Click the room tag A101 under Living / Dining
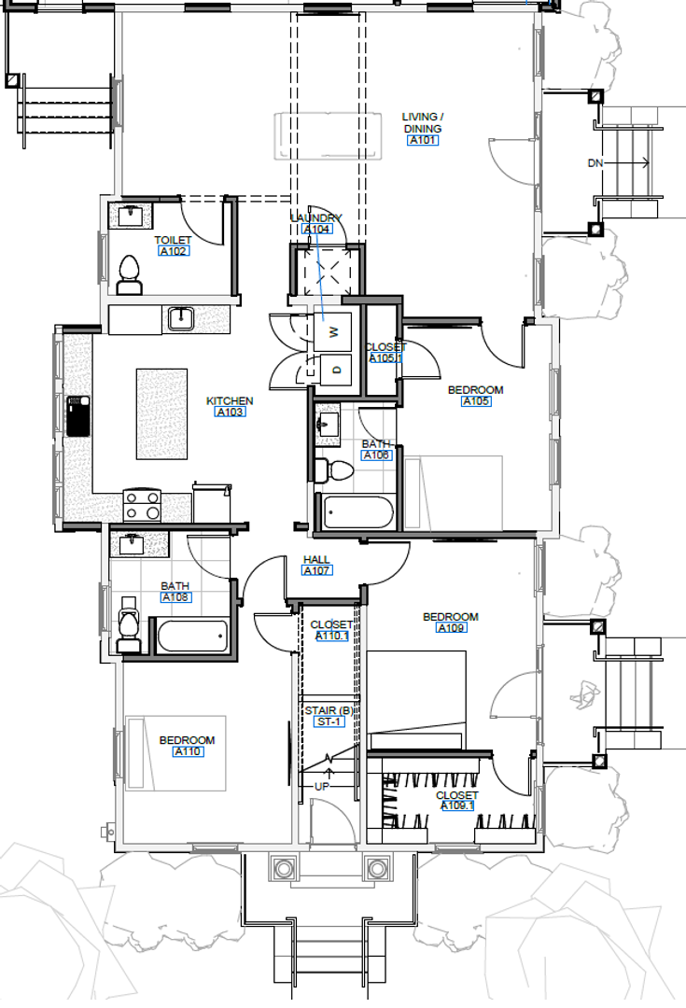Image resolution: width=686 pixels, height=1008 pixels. click(422, 141)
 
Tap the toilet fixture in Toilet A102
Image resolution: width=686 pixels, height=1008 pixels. click(130, 275)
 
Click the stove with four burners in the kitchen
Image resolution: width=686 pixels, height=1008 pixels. click(143, 505)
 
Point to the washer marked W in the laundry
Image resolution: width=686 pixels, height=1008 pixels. click(333, 329)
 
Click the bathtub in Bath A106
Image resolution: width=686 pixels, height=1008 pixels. click(357, 512)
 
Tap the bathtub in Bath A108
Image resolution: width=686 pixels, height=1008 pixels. click(192, 637)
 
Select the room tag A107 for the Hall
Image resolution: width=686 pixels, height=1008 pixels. click(316, 571)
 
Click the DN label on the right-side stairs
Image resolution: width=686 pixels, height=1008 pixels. click(595, 163)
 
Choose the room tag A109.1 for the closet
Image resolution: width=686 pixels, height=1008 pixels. click(456, 806)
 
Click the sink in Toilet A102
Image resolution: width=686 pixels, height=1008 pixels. click(130, 217)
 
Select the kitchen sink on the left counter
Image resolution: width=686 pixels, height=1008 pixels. click(78, 416)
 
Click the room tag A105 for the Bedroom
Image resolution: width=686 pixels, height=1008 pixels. click(475, 401)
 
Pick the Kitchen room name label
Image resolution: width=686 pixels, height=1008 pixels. click(230, 400)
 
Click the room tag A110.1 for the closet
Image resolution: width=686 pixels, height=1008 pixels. click(331, 637)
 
